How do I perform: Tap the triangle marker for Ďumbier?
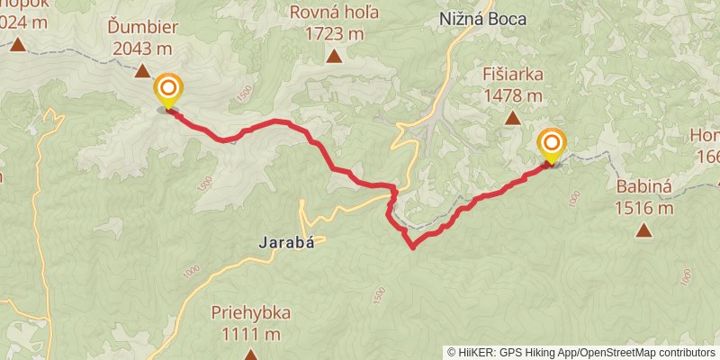pos(143,69)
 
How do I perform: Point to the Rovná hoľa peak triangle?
pos(334,57)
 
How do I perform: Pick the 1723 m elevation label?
pos(333,34)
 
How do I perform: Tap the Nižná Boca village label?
pos(482,19)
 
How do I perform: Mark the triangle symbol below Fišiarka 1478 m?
pos(512,117)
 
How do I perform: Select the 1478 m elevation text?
pos(512,94)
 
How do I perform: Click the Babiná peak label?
pos(644,188)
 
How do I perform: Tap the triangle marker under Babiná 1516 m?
pos(644,230)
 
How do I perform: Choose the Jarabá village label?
pos(286,241)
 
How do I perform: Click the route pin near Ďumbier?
pos(168,91)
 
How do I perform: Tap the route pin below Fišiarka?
pos(552,145)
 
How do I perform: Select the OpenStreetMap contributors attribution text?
pos(646,353)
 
